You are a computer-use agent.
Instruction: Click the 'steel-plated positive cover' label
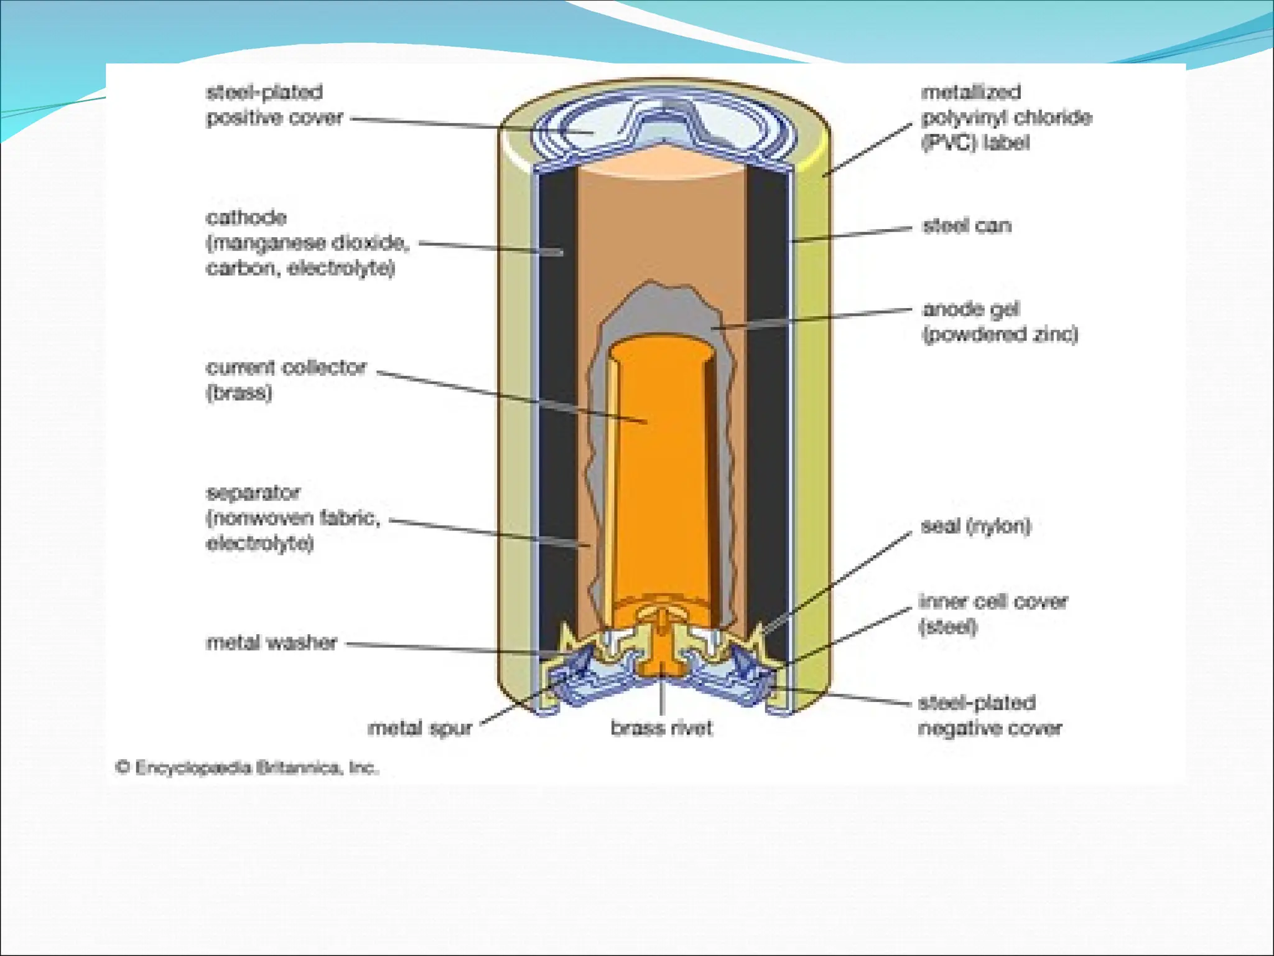274,105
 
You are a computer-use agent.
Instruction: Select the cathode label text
307,243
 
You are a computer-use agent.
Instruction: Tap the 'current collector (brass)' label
286,380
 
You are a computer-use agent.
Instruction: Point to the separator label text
292,518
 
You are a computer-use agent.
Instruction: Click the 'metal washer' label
271,642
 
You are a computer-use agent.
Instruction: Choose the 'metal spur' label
420,728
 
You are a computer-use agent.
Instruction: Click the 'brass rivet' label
661,728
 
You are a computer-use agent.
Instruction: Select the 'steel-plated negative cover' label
990,715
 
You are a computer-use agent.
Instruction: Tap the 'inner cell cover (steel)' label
993,614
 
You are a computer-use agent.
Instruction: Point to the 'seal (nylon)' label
975,527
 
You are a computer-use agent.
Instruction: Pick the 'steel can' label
967,225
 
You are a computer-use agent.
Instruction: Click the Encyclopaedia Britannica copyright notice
247,767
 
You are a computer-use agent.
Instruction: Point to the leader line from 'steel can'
852,234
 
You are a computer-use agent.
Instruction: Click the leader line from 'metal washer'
448,648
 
